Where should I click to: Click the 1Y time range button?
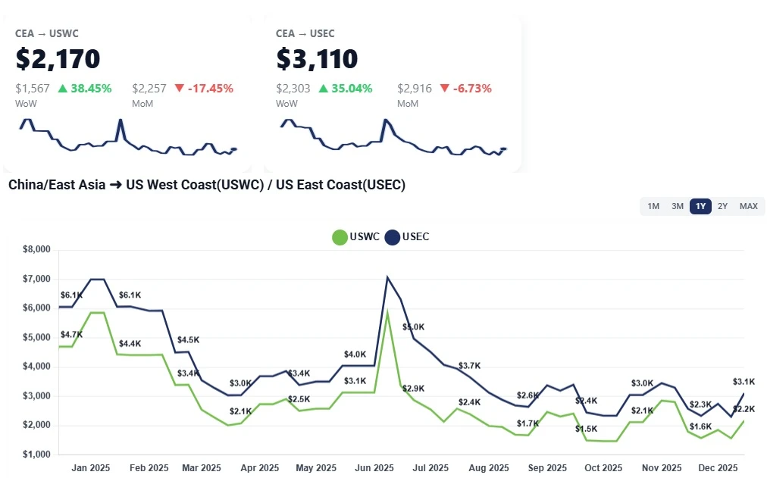pos(700,206)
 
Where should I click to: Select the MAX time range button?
pos(748,206)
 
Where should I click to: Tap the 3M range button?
pos(678,206)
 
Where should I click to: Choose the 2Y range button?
pos(723,206)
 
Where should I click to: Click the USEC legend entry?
pos(407,237)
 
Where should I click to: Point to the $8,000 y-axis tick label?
pos(36,249)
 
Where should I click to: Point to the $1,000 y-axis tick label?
pos(36,455)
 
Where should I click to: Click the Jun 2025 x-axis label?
pos(374,468)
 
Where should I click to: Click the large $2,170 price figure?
pos(58,59)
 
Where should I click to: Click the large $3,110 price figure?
pos(317,59)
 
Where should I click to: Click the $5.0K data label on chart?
pos(414,327)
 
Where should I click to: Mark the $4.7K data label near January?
pos(71,334)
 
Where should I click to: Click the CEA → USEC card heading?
pos(305,33)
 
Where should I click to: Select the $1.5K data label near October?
pos(586,429)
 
